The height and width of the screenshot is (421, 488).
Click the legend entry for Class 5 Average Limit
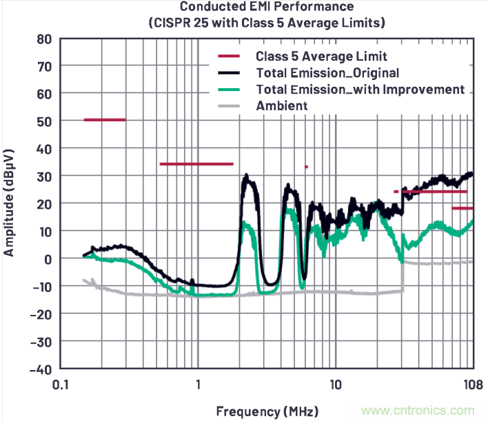click(321, 56)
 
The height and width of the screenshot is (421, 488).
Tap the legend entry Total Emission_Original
click(327, 72)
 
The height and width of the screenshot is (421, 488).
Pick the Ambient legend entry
click(281, 105)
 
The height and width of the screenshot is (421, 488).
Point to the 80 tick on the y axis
click(43, 39)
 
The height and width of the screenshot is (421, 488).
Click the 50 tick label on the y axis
click(43, 121)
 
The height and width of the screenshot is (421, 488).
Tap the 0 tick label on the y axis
click(48, 258)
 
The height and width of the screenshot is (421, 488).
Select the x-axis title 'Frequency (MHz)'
click(267, 411)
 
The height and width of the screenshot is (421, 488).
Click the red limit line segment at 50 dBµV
click(105, 120)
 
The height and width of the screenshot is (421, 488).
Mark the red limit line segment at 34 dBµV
click(196, 164)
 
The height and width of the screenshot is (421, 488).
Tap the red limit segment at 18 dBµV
click(462, 208)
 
